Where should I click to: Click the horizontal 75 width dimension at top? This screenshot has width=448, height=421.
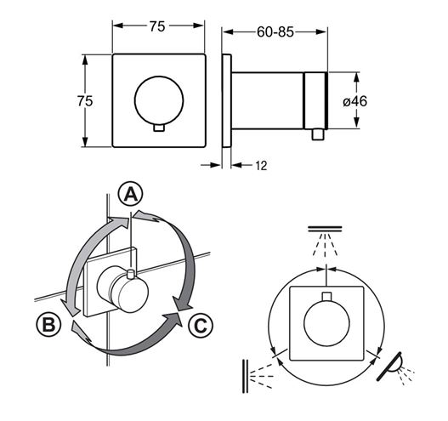(157, 26)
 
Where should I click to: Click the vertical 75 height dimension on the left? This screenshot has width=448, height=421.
(85, 101)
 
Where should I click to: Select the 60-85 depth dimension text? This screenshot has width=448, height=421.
(275, 31)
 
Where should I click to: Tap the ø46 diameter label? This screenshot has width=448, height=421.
(354, 101)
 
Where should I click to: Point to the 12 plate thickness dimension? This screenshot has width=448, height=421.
(261, 166)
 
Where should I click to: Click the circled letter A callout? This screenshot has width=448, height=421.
(131, 194)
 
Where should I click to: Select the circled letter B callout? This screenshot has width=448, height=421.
(48, 324)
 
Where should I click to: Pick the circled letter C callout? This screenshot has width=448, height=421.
(201, 325)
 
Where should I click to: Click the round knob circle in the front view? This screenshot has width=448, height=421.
(159, 100)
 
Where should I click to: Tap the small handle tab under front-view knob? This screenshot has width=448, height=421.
(159, 128)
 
